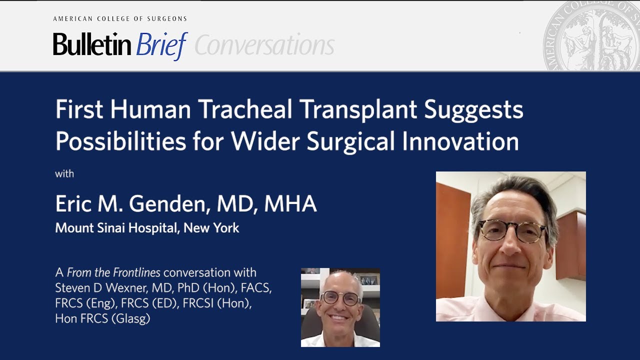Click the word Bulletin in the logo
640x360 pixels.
tap(92, 45)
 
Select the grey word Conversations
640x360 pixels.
tap(264, 46)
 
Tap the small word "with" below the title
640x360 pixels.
tap(64, 174)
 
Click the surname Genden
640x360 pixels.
tap(170, 204)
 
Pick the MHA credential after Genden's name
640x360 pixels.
tap(290, 204)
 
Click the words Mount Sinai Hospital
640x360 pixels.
tap(116, 228)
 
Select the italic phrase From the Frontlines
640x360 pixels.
tap(113, 272)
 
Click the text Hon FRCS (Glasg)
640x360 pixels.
tap(102, 319)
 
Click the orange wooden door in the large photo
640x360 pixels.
tap(452, 240)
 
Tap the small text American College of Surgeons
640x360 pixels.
tap(120, 19)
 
